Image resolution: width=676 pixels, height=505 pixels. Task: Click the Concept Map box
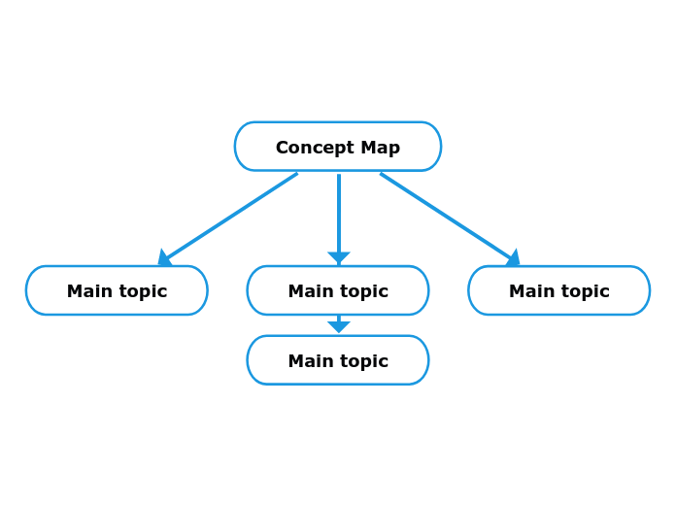pos(337,147)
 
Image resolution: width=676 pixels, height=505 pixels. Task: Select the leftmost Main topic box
pos(117,290)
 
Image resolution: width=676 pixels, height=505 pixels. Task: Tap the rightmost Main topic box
pos(558,290)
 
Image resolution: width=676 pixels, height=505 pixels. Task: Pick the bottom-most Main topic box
pos(337,360)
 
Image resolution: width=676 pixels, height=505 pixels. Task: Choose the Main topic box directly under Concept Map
pos(337,290)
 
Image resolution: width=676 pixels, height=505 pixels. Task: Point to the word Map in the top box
pos(380,148)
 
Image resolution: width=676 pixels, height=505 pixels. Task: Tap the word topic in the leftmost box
pos(142,291)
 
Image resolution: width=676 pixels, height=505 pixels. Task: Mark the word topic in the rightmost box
pos(585,291)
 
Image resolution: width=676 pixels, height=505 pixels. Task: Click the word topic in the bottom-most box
pos(363,361)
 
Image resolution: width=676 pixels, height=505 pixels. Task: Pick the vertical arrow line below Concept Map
pos(338,212)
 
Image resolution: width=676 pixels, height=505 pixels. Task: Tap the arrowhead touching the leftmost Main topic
pos(164,258)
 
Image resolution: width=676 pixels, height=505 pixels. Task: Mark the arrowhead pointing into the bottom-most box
pos(338,326)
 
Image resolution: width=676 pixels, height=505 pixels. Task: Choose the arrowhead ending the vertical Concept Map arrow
pos(338,257)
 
